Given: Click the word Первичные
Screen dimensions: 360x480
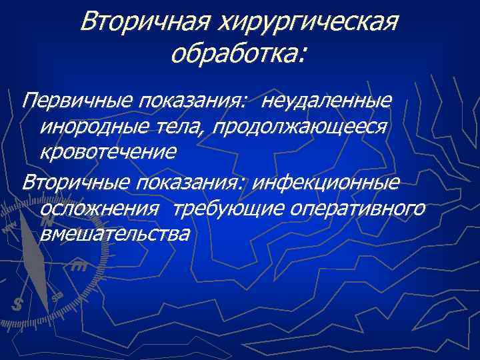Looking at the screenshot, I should (x=76, y=102).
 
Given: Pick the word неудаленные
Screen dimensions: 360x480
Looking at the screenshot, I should (x=326, y=102).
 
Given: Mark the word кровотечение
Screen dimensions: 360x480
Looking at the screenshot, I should (x=108, y=151).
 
